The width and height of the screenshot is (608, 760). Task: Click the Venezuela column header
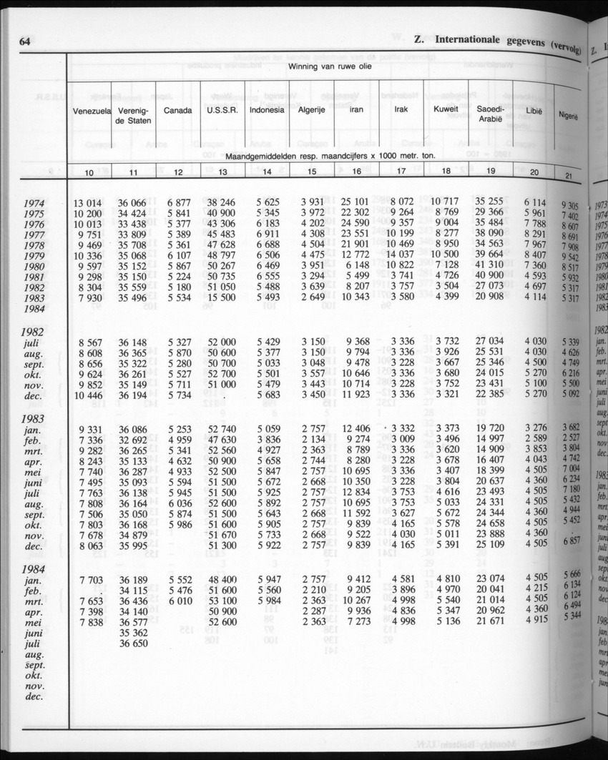pos(91,111)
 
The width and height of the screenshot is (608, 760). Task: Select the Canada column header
pos(177,111)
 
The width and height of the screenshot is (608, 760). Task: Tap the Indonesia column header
pos(267,110)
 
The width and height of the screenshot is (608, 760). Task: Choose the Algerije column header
pos(311,110)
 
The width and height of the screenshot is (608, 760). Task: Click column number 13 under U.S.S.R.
pos(222,172)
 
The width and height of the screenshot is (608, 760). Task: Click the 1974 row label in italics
pos(35,203)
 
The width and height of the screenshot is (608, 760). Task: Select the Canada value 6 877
pos(179,202)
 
